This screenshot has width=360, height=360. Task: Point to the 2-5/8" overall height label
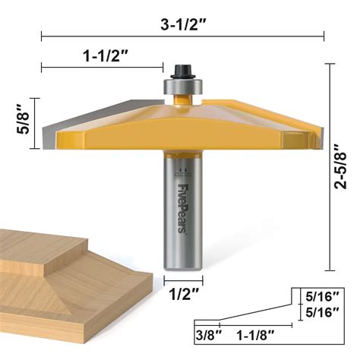[x=344, y=168]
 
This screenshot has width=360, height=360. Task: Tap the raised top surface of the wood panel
[x=30, y=247]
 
